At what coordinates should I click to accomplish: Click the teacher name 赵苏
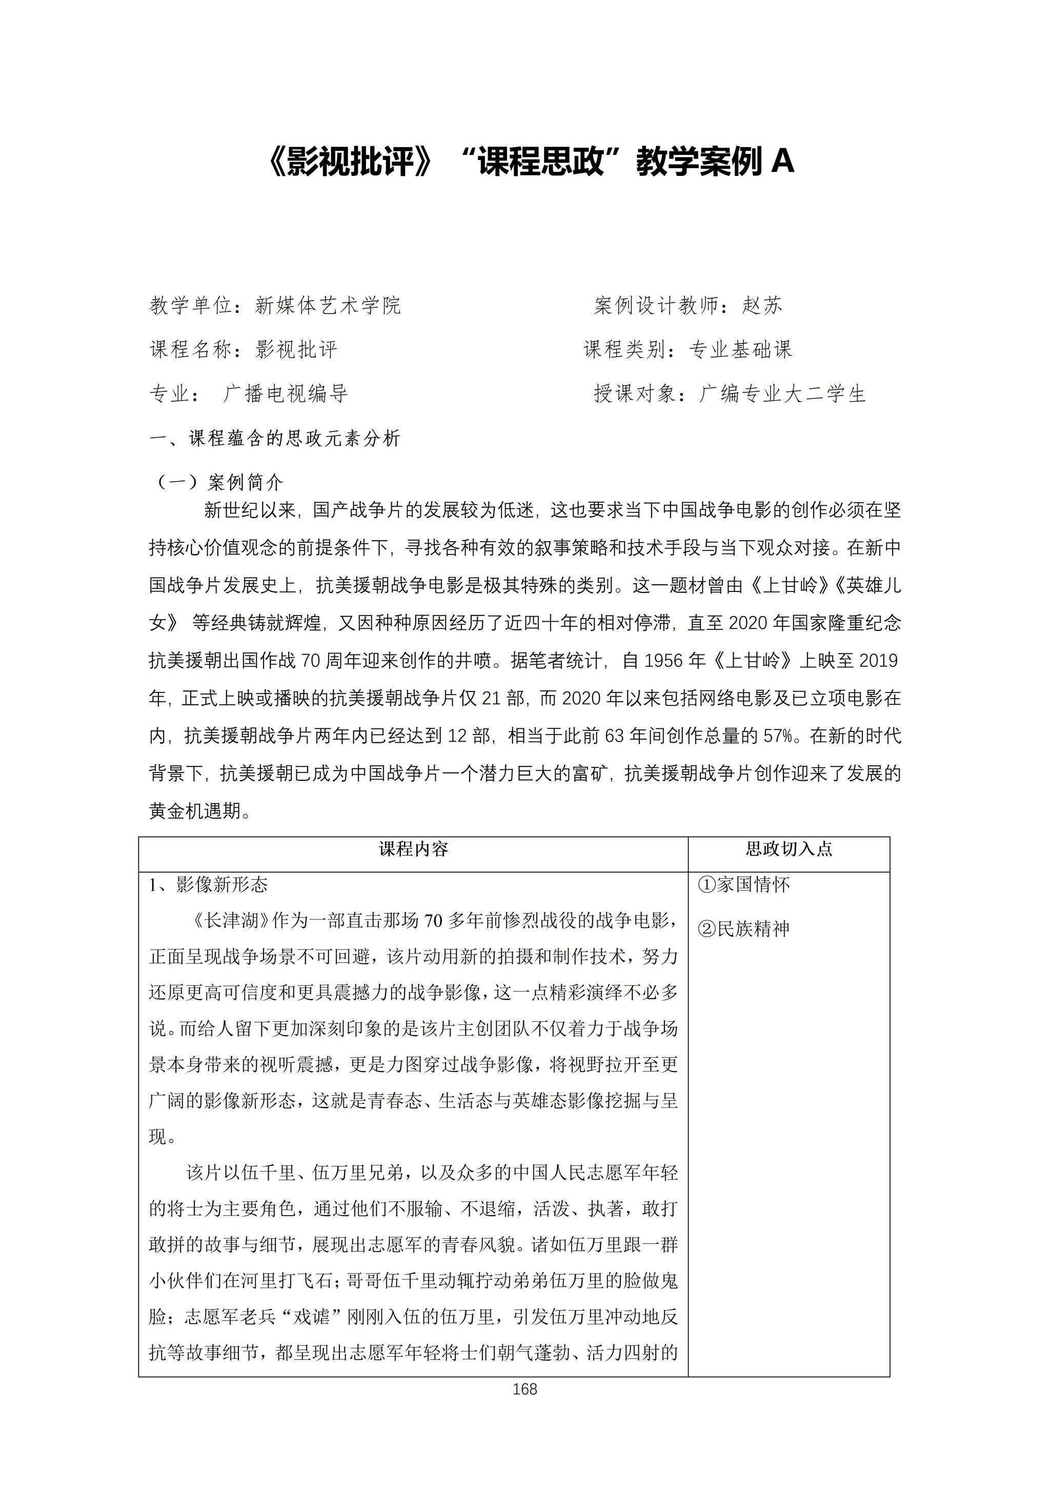pyautogui.click(x=762, y=305)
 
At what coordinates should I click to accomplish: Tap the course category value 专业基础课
pyautogui.click(x=740, y=350)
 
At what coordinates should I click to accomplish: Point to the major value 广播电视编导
pyautogui.click(x=285, y=394)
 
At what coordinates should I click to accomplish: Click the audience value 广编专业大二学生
pyautogui.click(x=782, y=394)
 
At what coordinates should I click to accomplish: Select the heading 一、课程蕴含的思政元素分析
pyautogui.click(x=275, y=439)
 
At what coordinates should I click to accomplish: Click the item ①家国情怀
pyautogui.click(x=743, y=885)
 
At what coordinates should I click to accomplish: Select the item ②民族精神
pyautogui.click(x=743, y=929)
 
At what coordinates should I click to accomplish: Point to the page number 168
pyautogui.click(x=524, y=1389)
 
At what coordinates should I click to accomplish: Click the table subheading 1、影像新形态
pyautogui.click(x=209, y=885)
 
